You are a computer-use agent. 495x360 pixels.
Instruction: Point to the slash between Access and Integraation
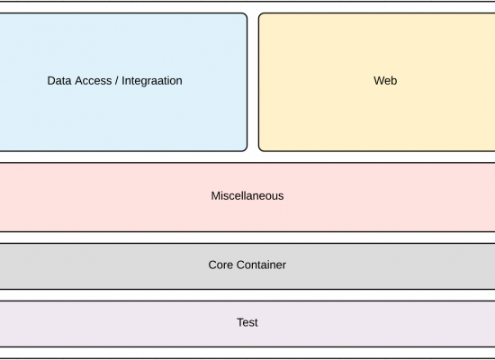(x=117, y=81)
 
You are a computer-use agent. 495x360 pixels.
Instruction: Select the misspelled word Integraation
(x=152, y=81)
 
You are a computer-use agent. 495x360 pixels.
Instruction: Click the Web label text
(x=385, y=81)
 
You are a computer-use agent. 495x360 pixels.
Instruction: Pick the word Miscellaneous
(x=247, y=196)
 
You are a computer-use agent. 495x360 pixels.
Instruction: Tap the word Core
(x=220, y=265)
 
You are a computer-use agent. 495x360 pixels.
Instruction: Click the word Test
(x=247, y=322)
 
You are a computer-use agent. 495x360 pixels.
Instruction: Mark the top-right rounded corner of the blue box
(x=245, y=15)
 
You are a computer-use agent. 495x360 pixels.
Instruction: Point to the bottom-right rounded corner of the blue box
(x=245, y=149)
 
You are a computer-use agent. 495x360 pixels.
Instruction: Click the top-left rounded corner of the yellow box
(x=261, y=15)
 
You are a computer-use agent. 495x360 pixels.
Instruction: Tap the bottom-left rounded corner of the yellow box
(x=261, y=149)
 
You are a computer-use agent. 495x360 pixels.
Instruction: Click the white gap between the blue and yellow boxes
(x=253, y=82)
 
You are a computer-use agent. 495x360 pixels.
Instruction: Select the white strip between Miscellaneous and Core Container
(x=247, y=238)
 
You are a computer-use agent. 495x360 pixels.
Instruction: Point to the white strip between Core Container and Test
(x=247, y=295)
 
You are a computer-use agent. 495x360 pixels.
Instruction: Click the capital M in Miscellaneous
(x=215, y=196)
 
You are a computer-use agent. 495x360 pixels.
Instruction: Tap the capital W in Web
(x=379, y=81)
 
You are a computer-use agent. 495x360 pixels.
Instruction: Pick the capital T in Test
(x=240, y=322)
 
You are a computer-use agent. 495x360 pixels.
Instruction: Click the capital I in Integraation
(x=123, y=81)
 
